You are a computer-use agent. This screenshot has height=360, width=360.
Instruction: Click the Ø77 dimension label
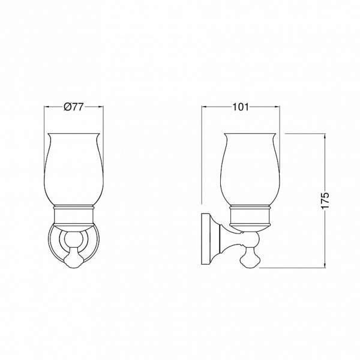click(73, 107)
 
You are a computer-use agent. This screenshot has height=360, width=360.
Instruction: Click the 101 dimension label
click(241, 107)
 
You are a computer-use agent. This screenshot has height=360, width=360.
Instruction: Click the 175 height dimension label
click(325, 200)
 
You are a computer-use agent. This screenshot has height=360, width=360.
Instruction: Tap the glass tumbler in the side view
click(250, 169)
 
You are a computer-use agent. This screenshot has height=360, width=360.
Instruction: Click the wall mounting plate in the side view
click(206, 239)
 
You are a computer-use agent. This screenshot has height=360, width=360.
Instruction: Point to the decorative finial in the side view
click(250, 259)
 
